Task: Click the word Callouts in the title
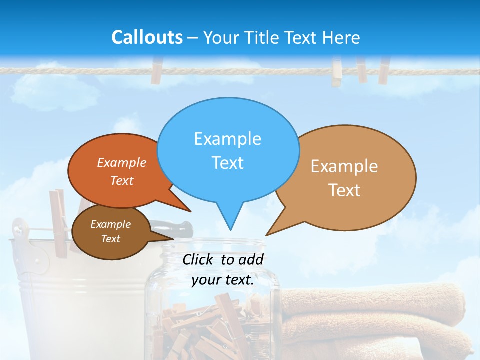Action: coord(147,37)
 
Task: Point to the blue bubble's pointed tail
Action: coord(229,220)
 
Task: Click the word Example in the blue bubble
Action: coord(227,138)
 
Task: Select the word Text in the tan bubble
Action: coord(344,190)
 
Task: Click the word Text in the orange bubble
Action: coord(122,181)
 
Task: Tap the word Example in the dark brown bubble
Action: coord(110,224)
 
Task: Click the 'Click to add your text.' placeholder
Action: coord(223,269)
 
